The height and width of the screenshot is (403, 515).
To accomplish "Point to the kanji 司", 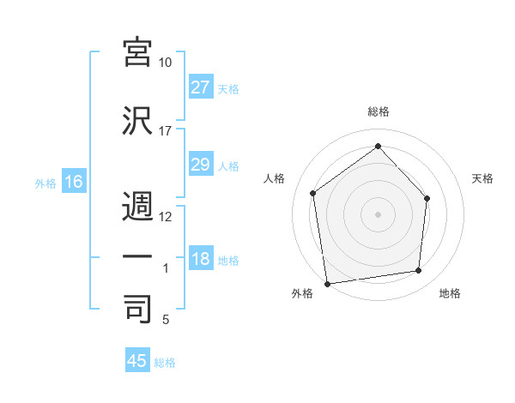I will click(x=138, y=308).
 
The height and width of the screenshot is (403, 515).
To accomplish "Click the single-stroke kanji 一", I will click(x=138, y=256).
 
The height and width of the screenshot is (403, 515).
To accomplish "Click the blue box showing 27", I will click(x=201, y=87).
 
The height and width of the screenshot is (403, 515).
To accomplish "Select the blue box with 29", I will click(x=201, y=165).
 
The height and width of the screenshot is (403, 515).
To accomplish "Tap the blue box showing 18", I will click(x=201, y=260).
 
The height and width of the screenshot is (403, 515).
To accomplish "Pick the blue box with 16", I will click(x=73, y=182).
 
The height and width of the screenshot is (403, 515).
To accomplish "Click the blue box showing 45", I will click(x=137, y=361).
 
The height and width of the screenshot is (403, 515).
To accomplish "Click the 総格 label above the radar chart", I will click(x=379, y=111).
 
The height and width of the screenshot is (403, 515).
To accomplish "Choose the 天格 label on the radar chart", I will click(x=483, y=178).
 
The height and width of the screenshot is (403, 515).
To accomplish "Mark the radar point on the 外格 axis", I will click(x=327, y=283).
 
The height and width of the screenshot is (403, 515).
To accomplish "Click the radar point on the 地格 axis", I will click(x=419, y=271).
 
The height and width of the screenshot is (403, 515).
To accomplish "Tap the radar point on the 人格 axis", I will click(x=313, y=193).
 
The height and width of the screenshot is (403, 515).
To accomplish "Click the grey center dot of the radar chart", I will click(x=378, y=214).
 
